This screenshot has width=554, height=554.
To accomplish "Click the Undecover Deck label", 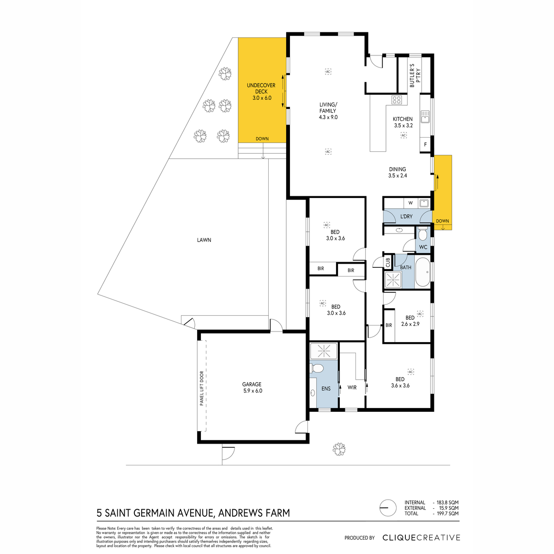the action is [x=261, y=91].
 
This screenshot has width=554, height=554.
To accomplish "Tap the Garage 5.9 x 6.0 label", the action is [x=252, y=387].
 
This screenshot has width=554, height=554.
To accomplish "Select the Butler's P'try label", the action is [x=415, y=76].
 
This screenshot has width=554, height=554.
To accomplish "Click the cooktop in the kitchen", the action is [x=397, y=100].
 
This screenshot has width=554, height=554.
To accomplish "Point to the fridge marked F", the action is [x=425, y=145].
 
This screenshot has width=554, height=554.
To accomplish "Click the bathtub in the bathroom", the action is [x=422, y=272].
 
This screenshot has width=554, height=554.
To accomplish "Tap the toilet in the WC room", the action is [x=422, y=235].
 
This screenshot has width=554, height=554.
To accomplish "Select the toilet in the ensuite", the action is [x=316, y=367].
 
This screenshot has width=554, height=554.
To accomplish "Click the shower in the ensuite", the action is [x=324, y=351].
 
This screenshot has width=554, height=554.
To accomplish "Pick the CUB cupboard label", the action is [x=388, y=262].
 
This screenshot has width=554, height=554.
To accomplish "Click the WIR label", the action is [x=352, y=387].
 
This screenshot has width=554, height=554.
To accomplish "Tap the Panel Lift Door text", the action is [x=202, y=388].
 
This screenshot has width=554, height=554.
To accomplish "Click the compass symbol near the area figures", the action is [x=388, y=508].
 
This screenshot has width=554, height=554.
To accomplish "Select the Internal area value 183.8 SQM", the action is [x=448, y=502].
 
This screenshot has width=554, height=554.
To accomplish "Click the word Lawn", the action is [x=204, y=240].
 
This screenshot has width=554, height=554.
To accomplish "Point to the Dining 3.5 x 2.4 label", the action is [x=397, y=172].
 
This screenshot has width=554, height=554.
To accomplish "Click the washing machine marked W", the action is [x=410, y=203].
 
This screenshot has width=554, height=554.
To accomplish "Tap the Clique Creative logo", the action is [x=421, y=537].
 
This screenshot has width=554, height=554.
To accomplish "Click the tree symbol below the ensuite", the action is [x=339, y=449].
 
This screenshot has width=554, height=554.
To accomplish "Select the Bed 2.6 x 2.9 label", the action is [x=410, y=320].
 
